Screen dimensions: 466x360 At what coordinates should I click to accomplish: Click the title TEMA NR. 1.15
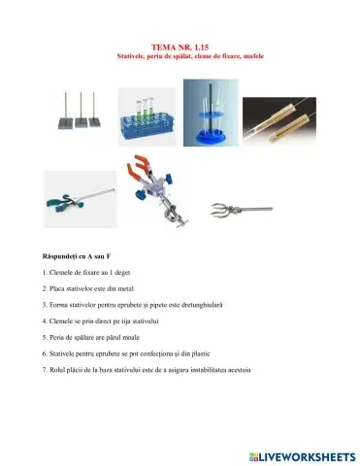(x=180, y=46)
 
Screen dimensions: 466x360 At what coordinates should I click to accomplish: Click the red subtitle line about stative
(x=180, y=55)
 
